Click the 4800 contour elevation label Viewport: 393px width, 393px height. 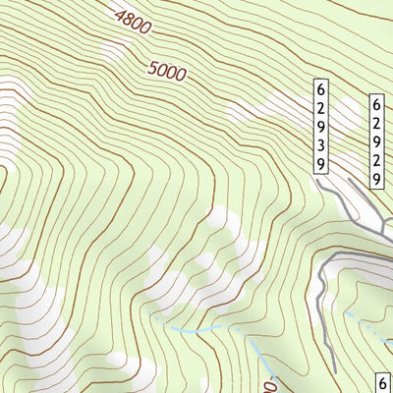133,23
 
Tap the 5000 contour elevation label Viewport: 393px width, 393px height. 168,71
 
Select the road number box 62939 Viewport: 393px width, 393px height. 321,127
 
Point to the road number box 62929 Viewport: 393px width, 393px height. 376,140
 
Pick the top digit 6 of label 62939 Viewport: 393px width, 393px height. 321,88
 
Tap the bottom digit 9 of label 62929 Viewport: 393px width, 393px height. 376,179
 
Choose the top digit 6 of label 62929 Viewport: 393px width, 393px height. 376,101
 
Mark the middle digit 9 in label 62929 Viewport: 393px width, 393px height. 376,140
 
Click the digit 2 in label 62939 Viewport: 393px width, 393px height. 321,107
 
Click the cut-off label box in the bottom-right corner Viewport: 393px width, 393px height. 384,381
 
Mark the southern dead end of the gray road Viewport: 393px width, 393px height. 334,370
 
